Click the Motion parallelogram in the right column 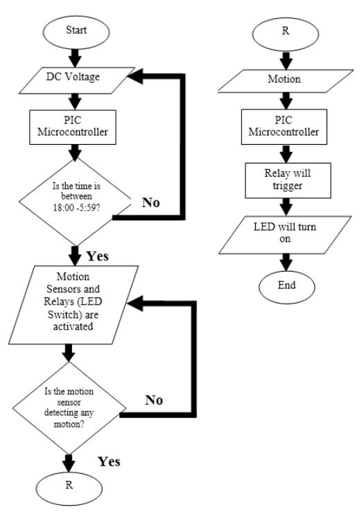285,79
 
